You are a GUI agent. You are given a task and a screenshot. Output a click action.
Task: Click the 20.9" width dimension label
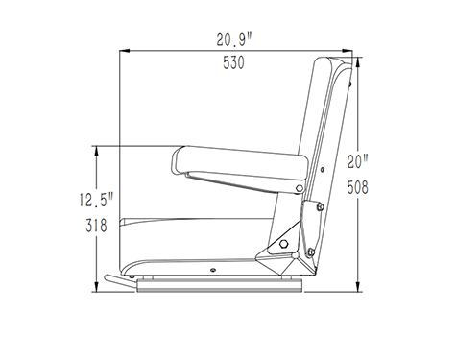(x=234, y=39)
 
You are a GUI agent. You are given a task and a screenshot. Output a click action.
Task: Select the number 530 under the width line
(x=233, y=62)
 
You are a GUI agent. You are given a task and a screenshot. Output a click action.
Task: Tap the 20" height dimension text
(x=358, y=161)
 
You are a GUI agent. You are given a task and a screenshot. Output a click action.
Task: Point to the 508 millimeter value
(x=358, y=187)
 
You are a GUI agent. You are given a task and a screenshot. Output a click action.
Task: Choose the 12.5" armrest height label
(x=97, y=200)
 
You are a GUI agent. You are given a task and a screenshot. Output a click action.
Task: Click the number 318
(x=96, y=226)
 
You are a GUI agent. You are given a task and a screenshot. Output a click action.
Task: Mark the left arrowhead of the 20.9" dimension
(x=125, y=51)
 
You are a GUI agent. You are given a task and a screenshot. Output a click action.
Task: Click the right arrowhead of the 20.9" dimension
(x=348, y=51)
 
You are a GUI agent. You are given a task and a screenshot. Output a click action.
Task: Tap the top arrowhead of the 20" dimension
(x=358, y=62)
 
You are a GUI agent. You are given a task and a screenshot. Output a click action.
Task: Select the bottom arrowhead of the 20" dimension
(x=358, y=286)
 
